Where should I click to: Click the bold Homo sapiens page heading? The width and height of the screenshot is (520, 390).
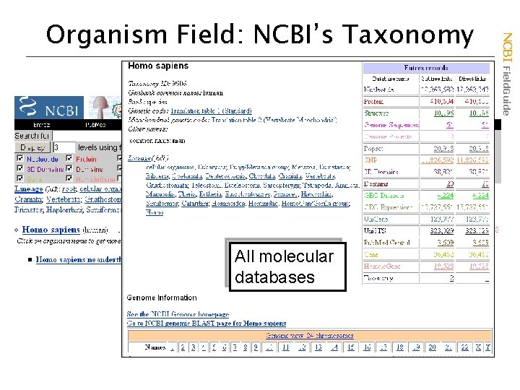pyautogui.click(x=158, y=66)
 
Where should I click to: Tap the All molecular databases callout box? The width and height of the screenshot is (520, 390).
pyautogui.click(x=285, y=266)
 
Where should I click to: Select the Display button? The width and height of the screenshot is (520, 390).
pyautogui.click(x=33, y=147)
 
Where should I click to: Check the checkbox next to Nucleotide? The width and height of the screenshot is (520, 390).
pyautogui.click(x=19, y=159)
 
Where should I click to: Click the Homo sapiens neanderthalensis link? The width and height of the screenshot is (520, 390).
pyautogui.click(x=79, y=259)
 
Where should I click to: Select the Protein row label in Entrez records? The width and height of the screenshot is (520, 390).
pyautogui.click(x=373, y=101)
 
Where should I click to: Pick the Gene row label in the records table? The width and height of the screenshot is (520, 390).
pyautogui.click(x=372, y=254)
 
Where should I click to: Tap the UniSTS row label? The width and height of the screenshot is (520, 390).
pyautogui.click(x=374, y=231)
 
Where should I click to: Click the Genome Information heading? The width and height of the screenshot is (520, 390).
pyautogui.click(x=162, y=298)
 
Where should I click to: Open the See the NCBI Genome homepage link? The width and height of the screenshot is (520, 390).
pyautogui.click(x=178, y=314)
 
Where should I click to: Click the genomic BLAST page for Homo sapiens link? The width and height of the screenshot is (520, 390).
pyautogui.click(x=207, y=324)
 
